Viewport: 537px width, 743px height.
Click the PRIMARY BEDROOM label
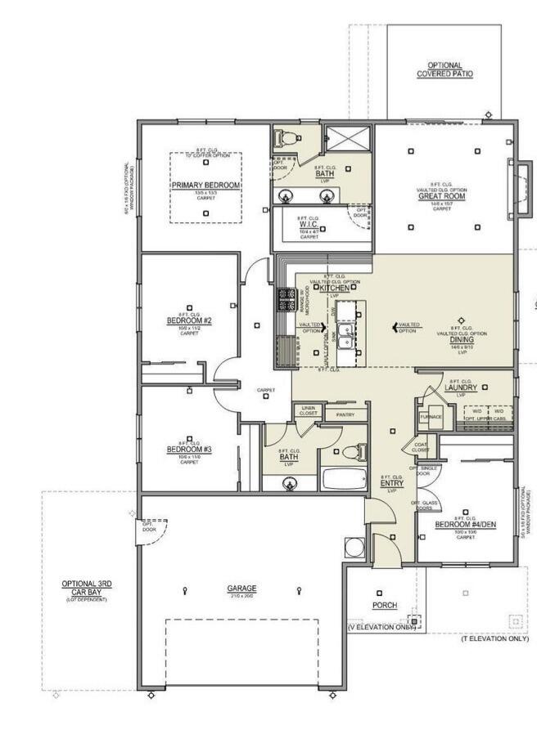[205, 186]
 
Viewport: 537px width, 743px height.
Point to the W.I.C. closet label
[309, 222]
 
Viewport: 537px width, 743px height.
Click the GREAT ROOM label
[442, 196]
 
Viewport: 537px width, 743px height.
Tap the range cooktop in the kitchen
[287, 300]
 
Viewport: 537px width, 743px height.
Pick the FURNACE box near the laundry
[431, 416]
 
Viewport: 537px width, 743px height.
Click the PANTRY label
[345, 415]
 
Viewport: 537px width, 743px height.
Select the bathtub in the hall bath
[345, 478]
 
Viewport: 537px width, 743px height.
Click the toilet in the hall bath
[350, 452]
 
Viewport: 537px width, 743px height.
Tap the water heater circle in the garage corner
[354, 547]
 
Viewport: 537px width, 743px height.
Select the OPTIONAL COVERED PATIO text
[444, 69]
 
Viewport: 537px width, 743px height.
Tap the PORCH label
[385, 606]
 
